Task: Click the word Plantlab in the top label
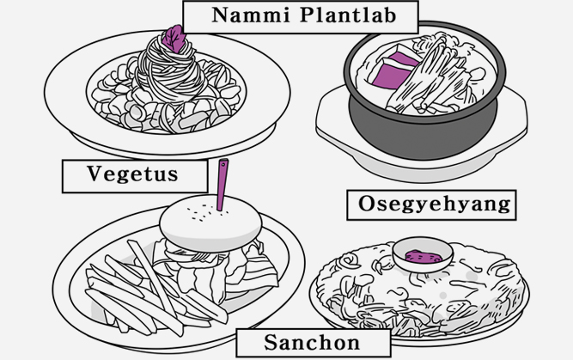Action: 349,15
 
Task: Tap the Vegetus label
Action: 133,174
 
